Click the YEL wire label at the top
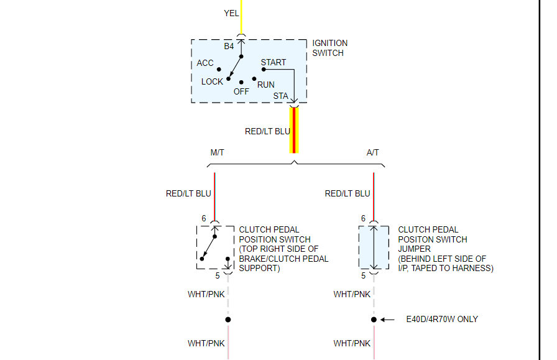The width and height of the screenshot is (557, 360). [231, 13]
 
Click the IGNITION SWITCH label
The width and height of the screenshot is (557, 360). [329, 48]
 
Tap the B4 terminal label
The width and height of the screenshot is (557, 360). [229, 46]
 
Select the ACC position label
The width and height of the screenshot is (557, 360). [205, 63]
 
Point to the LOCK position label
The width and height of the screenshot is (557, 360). [212, 81]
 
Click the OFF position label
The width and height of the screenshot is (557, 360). [241, 91]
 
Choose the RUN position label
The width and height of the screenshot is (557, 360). [266, 85]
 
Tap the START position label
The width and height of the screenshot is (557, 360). [274, 62]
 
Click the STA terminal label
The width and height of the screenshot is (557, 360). [281, 96]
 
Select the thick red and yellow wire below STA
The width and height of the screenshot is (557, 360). [294, 130]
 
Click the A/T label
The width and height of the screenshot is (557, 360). [373, 153]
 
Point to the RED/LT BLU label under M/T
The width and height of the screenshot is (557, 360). [188, 193]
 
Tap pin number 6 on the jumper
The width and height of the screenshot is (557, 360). [363, 218]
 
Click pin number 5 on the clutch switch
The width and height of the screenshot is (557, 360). [218, 275]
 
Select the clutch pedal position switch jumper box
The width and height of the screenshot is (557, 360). [374, 247]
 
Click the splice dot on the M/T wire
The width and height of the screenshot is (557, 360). [228, 320]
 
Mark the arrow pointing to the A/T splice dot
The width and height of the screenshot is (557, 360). [387, 320]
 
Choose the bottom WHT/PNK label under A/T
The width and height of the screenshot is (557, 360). [352, 343]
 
